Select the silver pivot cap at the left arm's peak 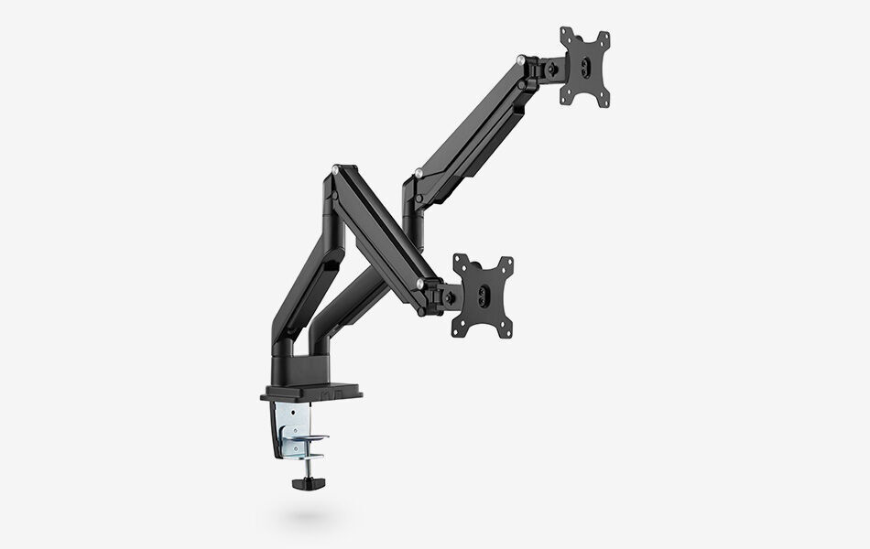point(338,169)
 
